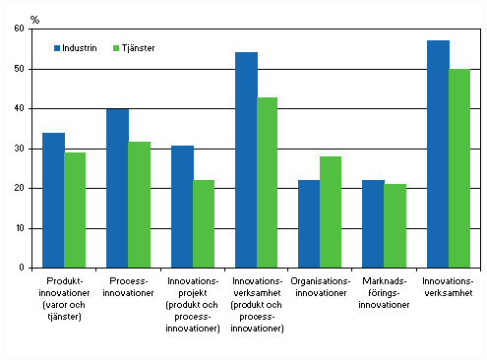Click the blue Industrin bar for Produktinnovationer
coord(53,200)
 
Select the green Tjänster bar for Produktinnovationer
coord(76,210)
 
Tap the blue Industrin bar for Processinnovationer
coord(118,188)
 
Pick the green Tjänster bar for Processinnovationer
coord(140,205)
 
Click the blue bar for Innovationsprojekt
coord(182,207)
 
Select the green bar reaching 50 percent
coord(460,168)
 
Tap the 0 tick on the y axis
coord(22,268)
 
